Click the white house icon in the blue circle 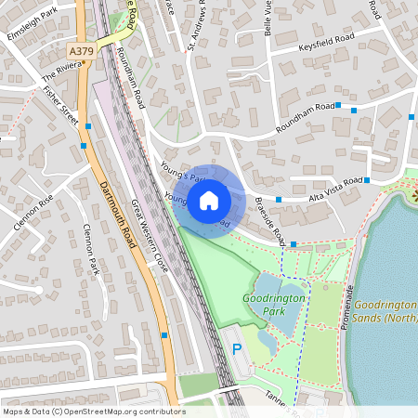pos(209,200)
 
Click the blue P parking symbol pos(236,349)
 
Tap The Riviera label pos(61,72)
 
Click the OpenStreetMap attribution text pos(93,411)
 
